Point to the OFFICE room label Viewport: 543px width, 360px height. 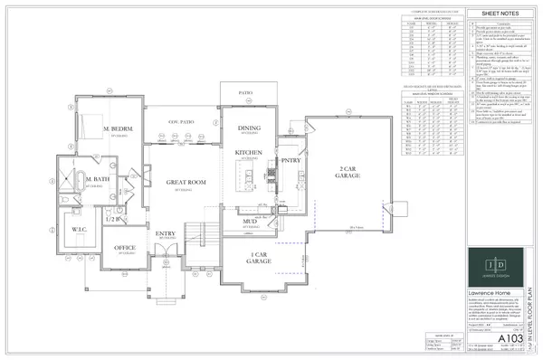point(124,248)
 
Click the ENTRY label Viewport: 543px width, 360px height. point(167,234)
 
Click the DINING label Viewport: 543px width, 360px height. point(248,128)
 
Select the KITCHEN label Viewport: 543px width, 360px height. point(249,153)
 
